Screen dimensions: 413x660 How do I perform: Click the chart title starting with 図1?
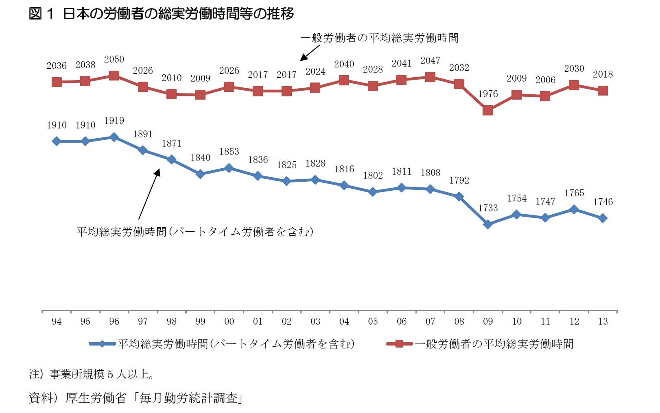(x=161, y=14)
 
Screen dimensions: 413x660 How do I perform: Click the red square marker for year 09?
(x=487, y=110)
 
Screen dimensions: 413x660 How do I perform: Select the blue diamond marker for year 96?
(x=114, y=137)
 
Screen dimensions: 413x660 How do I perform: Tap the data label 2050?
(x=114, y=59)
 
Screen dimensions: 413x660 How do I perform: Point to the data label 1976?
(x=488, y=94)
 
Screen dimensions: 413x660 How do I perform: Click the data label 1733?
(x=488, y=208)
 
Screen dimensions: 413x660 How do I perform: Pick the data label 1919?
(x=114, y=121)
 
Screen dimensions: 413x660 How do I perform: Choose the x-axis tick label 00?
(x=229, y=322)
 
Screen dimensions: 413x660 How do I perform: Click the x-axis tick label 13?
(x=603, y=322)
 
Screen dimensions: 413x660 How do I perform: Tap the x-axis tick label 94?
(x=57, y=322)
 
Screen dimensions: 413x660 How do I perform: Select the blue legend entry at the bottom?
(x=222, y=344)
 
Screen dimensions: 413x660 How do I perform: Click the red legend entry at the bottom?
(x=480, y=344)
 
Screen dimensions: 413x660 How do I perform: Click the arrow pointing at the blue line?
(x=149, y=194)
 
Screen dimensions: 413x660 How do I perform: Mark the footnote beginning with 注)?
(x=91, y=374)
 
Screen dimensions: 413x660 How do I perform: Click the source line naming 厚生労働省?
(x=136, y=398)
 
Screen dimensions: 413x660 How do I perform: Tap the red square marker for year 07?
(x=430, y=77)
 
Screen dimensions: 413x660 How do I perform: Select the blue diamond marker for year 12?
(x=574, y=209)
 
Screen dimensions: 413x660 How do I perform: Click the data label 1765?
(x=574, y=193)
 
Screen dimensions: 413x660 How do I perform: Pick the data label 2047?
(x=430, y=61)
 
